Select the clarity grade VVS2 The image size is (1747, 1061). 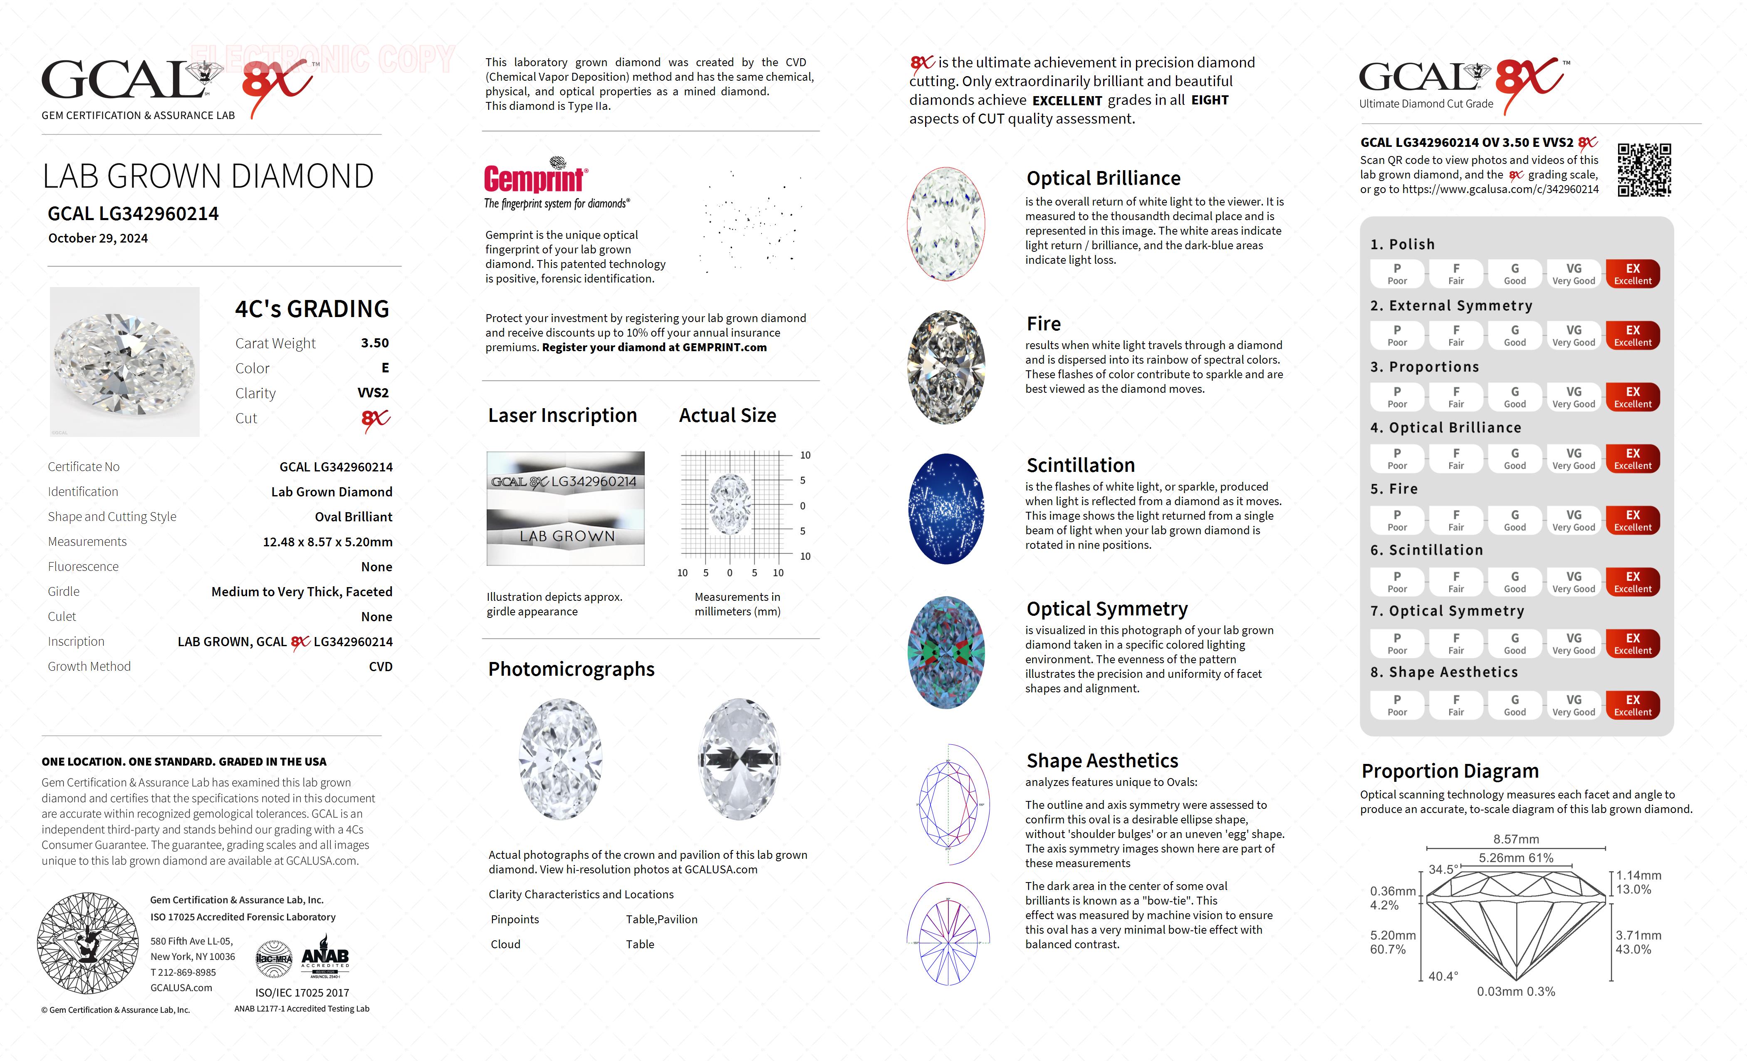coord(373,393)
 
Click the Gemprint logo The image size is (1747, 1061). coord(535,177)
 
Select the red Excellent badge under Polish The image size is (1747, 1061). coord(1632,274)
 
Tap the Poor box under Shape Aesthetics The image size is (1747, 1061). coord(1397,705)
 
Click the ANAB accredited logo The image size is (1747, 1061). coord(325,957)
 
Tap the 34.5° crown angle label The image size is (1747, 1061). coord(1443,870)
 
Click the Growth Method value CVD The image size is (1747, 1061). coord(380,667)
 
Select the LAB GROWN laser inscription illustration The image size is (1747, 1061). coord(566,536)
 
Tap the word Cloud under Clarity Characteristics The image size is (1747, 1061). coord(505,944)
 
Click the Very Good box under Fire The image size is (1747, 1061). coord(1573,520)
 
